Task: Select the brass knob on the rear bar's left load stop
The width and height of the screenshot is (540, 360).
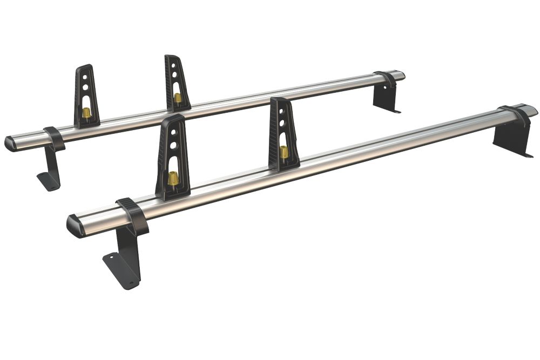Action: point(86,112)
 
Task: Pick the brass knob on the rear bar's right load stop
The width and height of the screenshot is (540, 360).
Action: point(178,98)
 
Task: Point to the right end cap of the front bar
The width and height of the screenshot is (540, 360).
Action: point(531,111)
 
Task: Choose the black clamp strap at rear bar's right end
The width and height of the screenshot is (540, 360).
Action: point(385,79)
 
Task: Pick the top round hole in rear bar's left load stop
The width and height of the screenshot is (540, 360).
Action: point(85,76)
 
